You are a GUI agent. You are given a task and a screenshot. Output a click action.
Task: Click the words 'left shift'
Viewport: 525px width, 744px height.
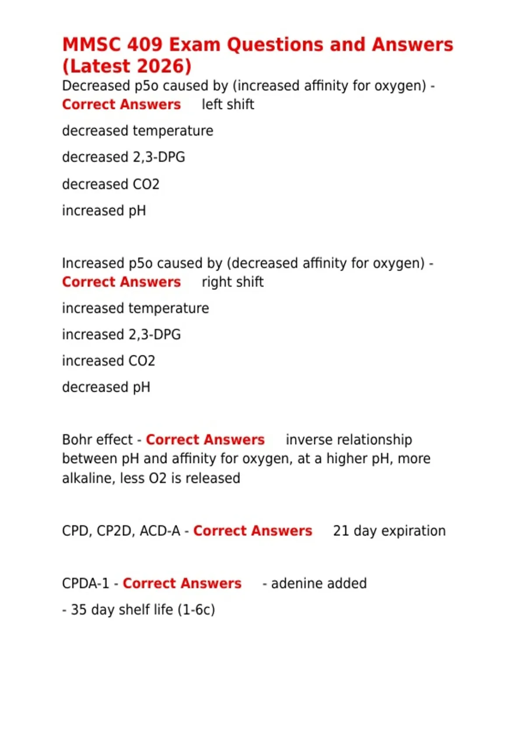227,105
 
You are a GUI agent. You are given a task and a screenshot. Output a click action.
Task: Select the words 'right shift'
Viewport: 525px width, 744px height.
232,282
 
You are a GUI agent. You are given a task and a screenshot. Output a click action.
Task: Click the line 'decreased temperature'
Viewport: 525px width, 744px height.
137,131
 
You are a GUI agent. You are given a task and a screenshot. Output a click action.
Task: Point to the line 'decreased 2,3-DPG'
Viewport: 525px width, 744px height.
123,157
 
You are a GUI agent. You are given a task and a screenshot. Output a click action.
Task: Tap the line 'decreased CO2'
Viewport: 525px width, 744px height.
111,184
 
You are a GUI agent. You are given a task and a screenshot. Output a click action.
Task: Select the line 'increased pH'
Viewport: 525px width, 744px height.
104,211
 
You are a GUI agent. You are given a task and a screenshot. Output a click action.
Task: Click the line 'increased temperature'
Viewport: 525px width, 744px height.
135,309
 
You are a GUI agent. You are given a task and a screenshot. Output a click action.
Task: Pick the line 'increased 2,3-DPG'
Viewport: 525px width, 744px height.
121,335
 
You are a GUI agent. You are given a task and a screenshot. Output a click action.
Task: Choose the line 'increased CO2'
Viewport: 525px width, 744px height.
108,361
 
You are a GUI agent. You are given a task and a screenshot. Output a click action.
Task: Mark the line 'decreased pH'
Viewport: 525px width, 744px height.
106,387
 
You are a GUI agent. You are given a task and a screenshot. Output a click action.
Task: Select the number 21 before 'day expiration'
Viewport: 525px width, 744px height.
341,531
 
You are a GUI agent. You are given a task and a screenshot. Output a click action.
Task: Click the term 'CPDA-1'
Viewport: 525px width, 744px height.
85,583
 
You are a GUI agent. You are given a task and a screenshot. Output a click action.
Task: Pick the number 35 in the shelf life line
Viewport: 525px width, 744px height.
79,610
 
